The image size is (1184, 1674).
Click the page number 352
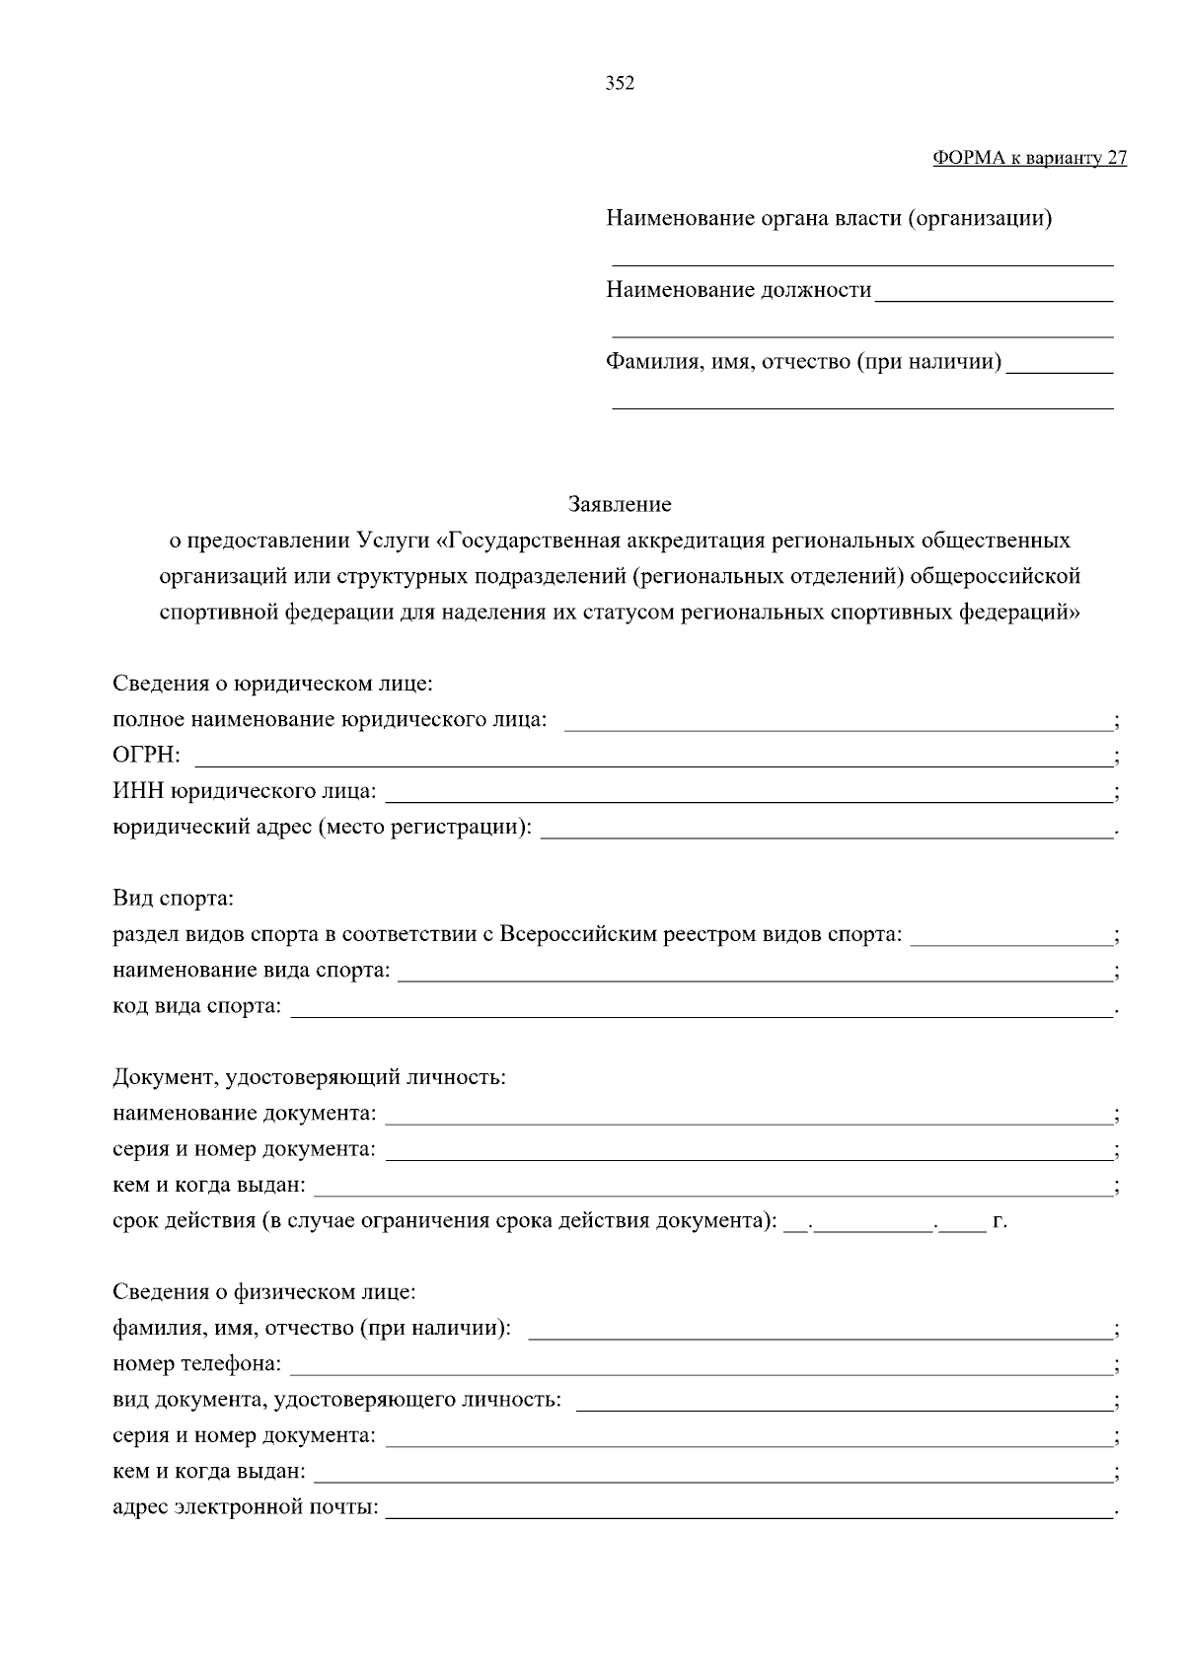620,84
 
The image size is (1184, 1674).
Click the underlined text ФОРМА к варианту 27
1029,159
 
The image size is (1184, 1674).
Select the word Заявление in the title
620,505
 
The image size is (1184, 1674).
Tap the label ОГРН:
146,756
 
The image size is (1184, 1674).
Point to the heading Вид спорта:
173,899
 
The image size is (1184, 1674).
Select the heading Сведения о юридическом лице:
273,684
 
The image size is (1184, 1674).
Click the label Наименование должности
738,290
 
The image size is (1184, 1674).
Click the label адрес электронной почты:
245,1508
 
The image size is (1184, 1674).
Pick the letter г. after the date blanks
999,1221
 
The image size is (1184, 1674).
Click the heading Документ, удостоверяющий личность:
309,1077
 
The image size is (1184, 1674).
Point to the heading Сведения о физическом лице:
263,1292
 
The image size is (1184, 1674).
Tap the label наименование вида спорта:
252,971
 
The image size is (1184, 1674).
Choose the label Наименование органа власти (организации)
829,218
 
